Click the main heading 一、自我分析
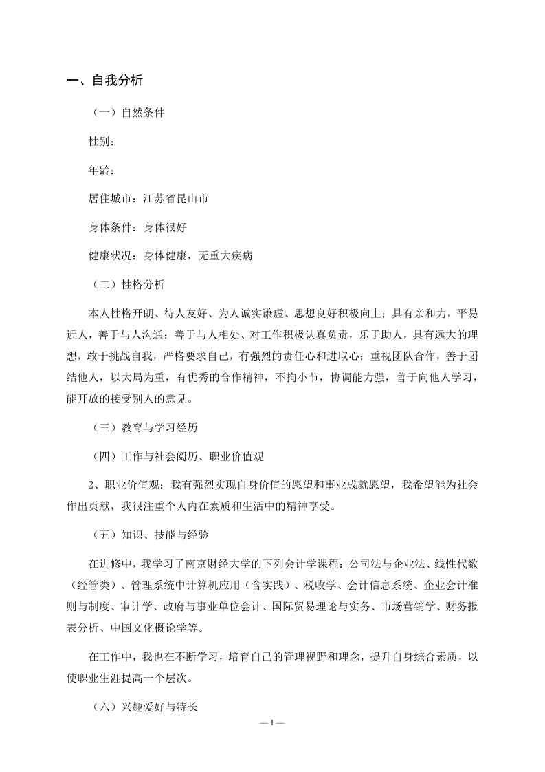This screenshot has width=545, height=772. [104, 81]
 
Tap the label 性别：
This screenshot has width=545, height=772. [102, 141]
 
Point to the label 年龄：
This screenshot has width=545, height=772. [102, 170]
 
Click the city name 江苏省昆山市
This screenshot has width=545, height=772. [175, 199]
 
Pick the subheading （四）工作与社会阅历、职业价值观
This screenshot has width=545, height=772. [177, 455]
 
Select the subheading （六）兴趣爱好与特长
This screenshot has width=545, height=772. [144, 705]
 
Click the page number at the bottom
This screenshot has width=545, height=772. [272, 724]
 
